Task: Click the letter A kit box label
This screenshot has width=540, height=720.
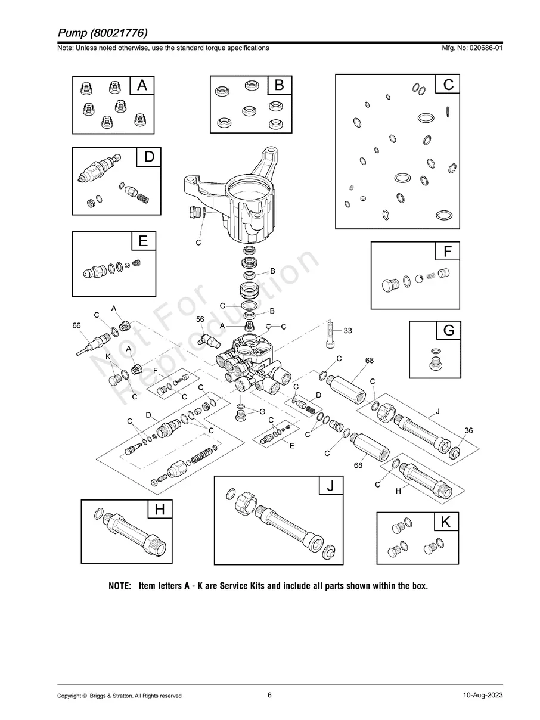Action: (x=142, y=86)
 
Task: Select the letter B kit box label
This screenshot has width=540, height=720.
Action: (x=279, y=86)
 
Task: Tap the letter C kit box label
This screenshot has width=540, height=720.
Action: (x=448, y=85)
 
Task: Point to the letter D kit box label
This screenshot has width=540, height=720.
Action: (x=149, y=157)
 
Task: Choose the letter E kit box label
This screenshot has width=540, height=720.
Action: (x=143, y=241)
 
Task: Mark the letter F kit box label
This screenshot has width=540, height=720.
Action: (x=448, y=252)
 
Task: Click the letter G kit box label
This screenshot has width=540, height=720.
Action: (x=449, y=330)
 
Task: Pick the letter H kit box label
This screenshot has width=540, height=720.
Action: (x=160, y=510)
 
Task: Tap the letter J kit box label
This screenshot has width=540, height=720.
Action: (x=331, y=486)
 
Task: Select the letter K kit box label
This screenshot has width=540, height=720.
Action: (x=446, y=522)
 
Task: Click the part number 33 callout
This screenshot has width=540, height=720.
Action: (x=348, y=330)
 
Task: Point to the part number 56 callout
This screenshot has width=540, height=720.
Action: (x=200, y=319)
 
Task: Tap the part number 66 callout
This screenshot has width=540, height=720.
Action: (x=76, y=325)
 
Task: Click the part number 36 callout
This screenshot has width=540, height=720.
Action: (x=468, y=430)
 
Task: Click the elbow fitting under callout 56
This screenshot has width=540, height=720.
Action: (x=209, y=340)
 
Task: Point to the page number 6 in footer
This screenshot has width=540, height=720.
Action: (x=270, y=695)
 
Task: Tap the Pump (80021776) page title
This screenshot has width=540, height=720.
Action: (x=103, y=32)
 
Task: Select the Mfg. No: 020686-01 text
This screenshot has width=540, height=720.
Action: (x=470, y=48)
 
